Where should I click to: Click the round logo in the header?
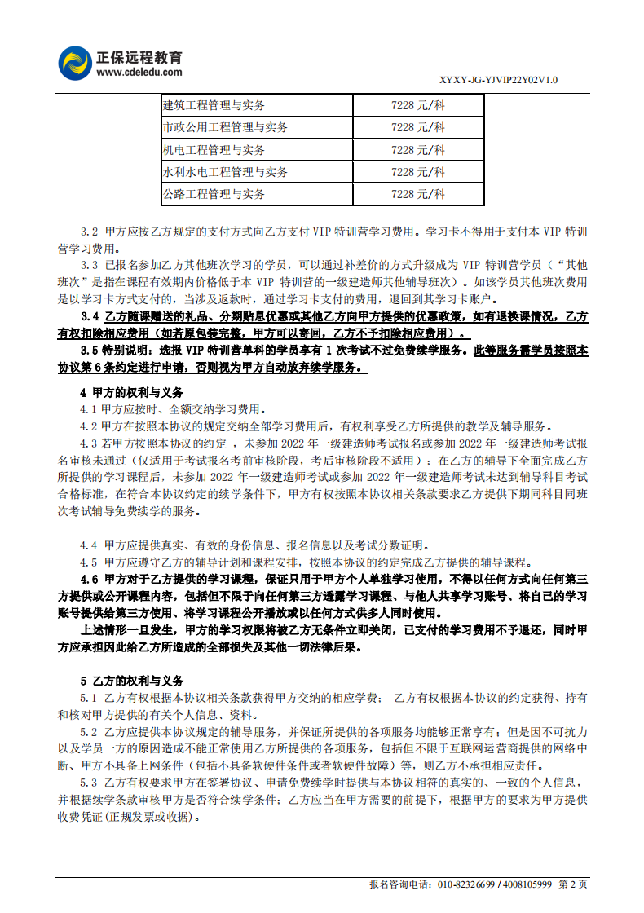tap(75, 63)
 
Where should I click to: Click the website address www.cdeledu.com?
tap(139, 73)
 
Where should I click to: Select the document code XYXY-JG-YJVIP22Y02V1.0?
tap(498, 80)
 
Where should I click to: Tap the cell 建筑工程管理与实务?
tap(214, 105)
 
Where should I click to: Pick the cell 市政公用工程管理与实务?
tap(225, 127)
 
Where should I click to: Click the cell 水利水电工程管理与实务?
tap(225, 172)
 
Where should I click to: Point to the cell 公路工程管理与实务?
tap(214, 194)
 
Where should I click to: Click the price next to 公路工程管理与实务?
tap(418, 194)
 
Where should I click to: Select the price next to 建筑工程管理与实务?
tap(418, 105)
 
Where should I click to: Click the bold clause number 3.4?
tap(90, 317)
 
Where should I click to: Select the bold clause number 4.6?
tap(90, 580)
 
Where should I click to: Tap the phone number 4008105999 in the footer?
tap(527, 884)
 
